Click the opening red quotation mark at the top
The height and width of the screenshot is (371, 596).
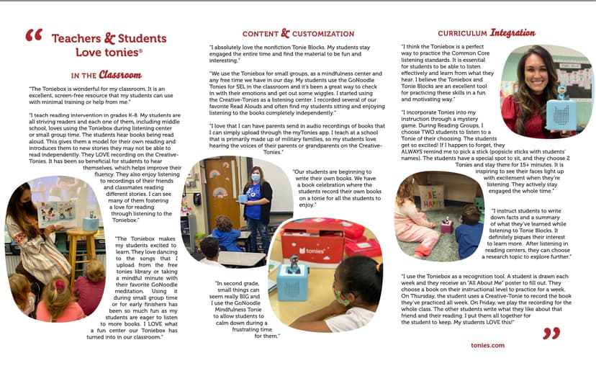33,36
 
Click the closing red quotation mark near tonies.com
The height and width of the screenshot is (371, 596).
551,332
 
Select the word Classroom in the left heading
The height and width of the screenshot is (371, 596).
120,74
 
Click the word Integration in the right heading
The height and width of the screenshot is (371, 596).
513,32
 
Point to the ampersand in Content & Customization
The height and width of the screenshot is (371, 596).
286,33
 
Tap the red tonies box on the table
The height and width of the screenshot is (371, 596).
312,241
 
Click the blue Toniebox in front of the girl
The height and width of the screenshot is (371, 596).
292,282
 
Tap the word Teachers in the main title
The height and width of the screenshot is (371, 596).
76,37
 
